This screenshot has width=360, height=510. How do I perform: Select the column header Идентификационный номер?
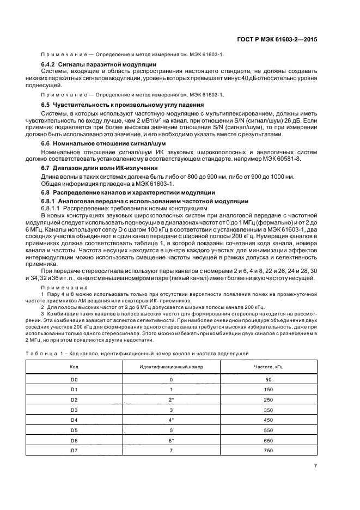[x=171, y=366]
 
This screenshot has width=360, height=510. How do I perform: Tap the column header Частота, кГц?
[x=267, y=366]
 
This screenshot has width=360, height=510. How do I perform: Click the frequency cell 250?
[x=267, y=399]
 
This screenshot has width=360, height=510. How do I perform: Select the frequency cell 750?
[x=267, y=450]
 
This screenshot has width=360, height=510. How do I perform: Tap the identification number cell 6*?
[x=171, y=440]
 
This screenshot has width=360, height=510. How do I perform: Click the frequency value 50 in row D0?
[x=267, y=379]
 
